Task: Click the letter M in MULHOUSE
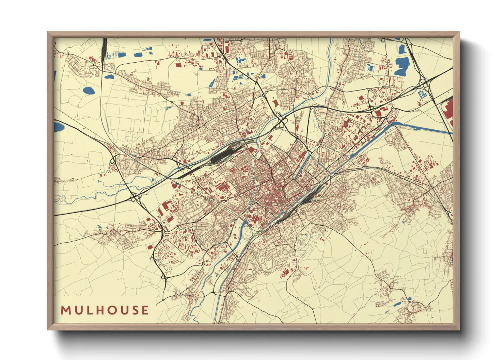65,310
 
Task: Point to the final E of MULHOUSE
145,310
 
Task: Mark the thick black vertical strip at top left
104,51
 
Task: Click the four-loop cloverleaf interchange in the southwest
135,197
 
